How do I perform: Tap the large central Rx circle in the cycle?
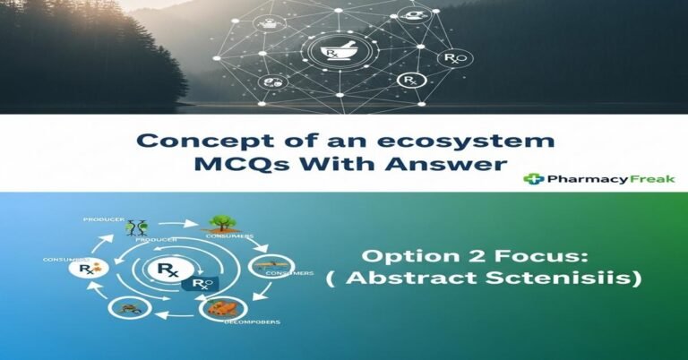point(166,268)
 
